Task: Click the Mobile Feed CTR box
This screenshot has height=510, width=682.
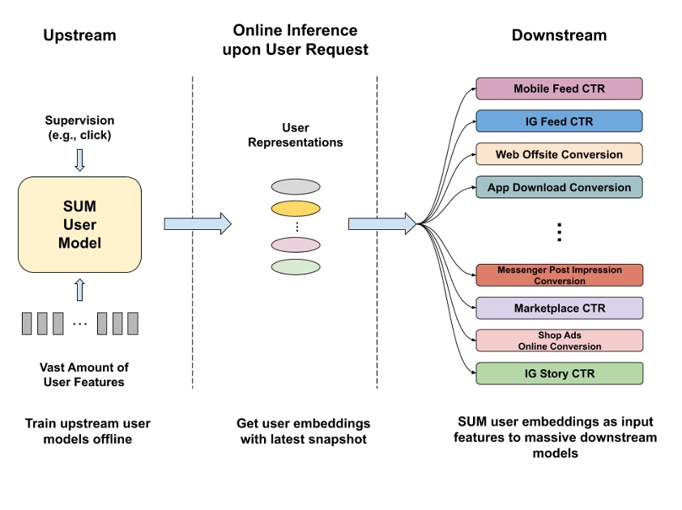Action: click(x=559, y=88)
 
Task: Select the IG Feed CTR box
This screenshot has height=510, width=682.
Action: click(x=559, y=121)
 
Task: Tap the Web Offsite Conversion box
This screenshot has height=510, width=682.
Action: click(x=559, y=154)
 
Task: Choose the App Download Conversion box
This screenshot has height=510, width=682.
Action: click(x=559, y=187)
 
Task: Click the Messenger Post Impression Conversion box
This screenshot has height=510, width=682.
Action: click(x=559, y=275)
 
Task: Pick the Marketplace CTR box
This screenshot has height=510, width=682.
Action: click(x=559, y=308)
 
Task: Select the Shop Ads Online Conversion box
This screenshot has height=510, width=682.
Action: click(x=559, y=341)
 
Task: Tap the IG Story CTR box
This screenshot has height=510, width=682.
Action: click(x=559, y=373)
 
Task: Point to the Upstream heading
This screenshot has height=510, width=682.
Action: click(x=79, y=36)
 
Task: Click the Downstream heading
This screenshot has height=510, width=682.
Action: click(x=559, y=36)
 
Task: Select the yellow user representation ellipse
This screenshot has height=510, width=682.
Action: click(x=295, y=207)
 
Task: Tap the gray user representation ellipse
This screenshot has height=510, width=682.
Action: click(x=295, y=186)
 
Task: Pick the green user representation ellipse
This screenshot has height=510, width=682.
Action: click(x=295, y=266)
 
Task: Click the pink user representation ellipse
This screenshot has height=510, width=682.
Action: click(x=295, y=245)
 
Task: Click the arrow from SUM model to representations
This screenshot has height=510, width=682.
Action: click(x=197, y=223)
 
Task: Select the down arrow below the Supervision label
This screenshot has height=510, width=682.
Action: click(x=79, y=159)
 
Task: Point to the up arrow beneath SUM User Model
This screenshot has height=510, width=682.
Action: click(x=79, y=289)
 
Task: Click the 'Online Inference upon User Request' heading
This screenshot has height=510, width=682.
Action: click(x=295, y=40)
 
